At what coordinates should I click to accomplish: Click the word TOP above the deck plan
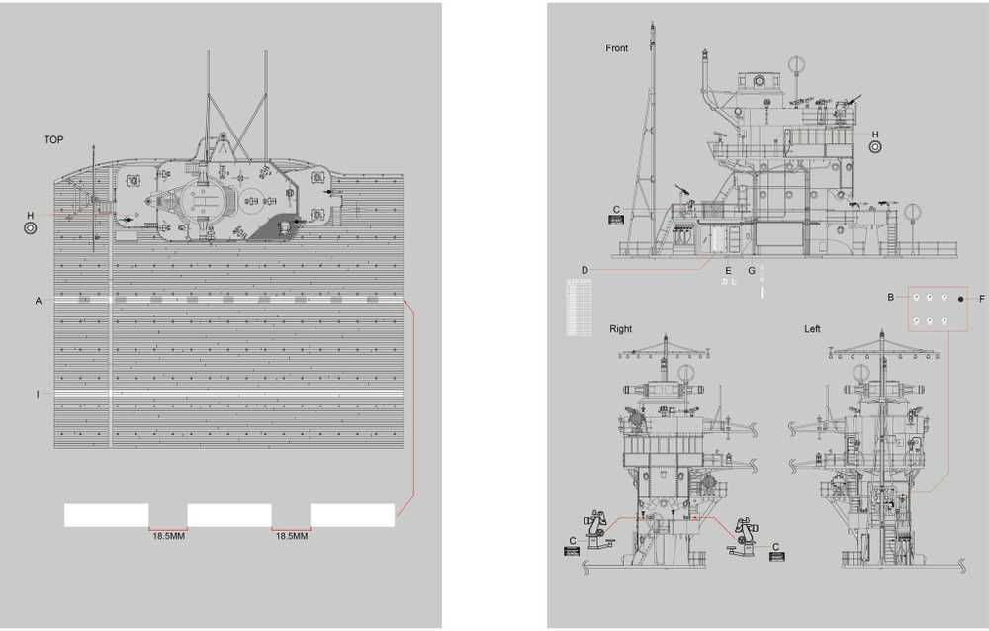(x=53, y=140)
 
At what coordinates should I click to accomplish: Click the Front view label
(x=616, y=48)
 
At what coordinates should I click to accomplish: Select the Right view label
(x=620, y=329)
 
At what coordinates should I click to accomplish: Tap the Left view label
(x=812, y=329)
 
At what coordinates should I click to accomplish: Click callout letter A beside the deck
(x=39, y=300)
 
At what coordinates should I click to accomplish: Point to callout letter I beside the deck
(x=39, y=394)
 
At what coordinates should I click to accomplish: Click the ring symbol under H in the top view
(x=31, y=228)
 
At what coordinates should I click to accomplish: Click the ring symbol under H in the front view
(x=875, y=147)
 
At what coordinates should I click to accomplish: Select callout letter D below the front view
(x=584, y=269)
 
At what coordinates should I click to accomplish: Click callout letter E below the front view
(x=728, y=270)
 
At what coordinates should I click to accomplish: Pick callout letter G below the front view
(x=751, y=270)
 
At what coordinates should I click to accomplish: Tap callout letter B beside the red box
(x=890, y=297)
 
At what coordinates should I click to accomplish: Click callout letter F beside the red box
(x=982, y=297)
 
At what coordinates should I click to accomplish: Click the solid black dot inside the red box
(x=959, y=297)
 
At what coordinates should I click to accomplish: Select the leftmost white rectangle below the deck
(x=106, y=514)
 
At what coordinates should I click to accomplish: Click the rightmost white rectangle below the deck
(x=352, y=514)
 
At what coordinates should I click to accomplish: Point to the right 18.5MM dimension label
(x=291, y=536)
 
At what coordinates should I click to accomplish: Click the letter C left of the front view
(x=616, y=209)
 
